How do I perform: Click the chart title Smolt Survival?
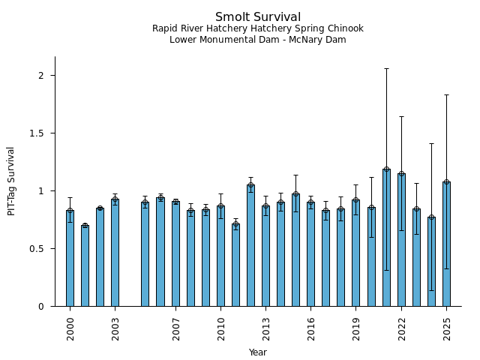[x=257, y=17]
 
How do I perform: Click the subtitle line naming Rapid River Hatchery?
[x=257, y=28]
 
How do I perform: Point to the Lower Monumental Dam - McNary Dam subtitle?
[x=257, y=40]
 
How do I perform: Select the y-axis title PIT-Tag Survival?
[x=11, y=181]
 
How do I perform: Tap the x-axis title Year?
[x=257, y=352]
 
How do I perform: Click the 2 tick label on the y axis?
[x=42, y=76]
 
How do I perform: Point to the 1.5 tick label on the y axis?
[x=38, y=133]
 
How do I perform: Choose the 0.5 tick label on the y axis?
[x=38, y=249]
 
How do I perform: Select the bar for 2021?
[x=386, y=240]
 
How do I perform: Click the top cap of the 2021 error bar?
[x=386, y=68]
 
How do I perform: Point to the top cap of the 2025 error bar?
[x=446, y=95]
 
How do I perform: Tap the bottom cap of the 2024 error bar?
[x=431, y=290]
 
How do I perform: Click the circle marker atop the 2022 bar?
[x=401, y=174]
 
